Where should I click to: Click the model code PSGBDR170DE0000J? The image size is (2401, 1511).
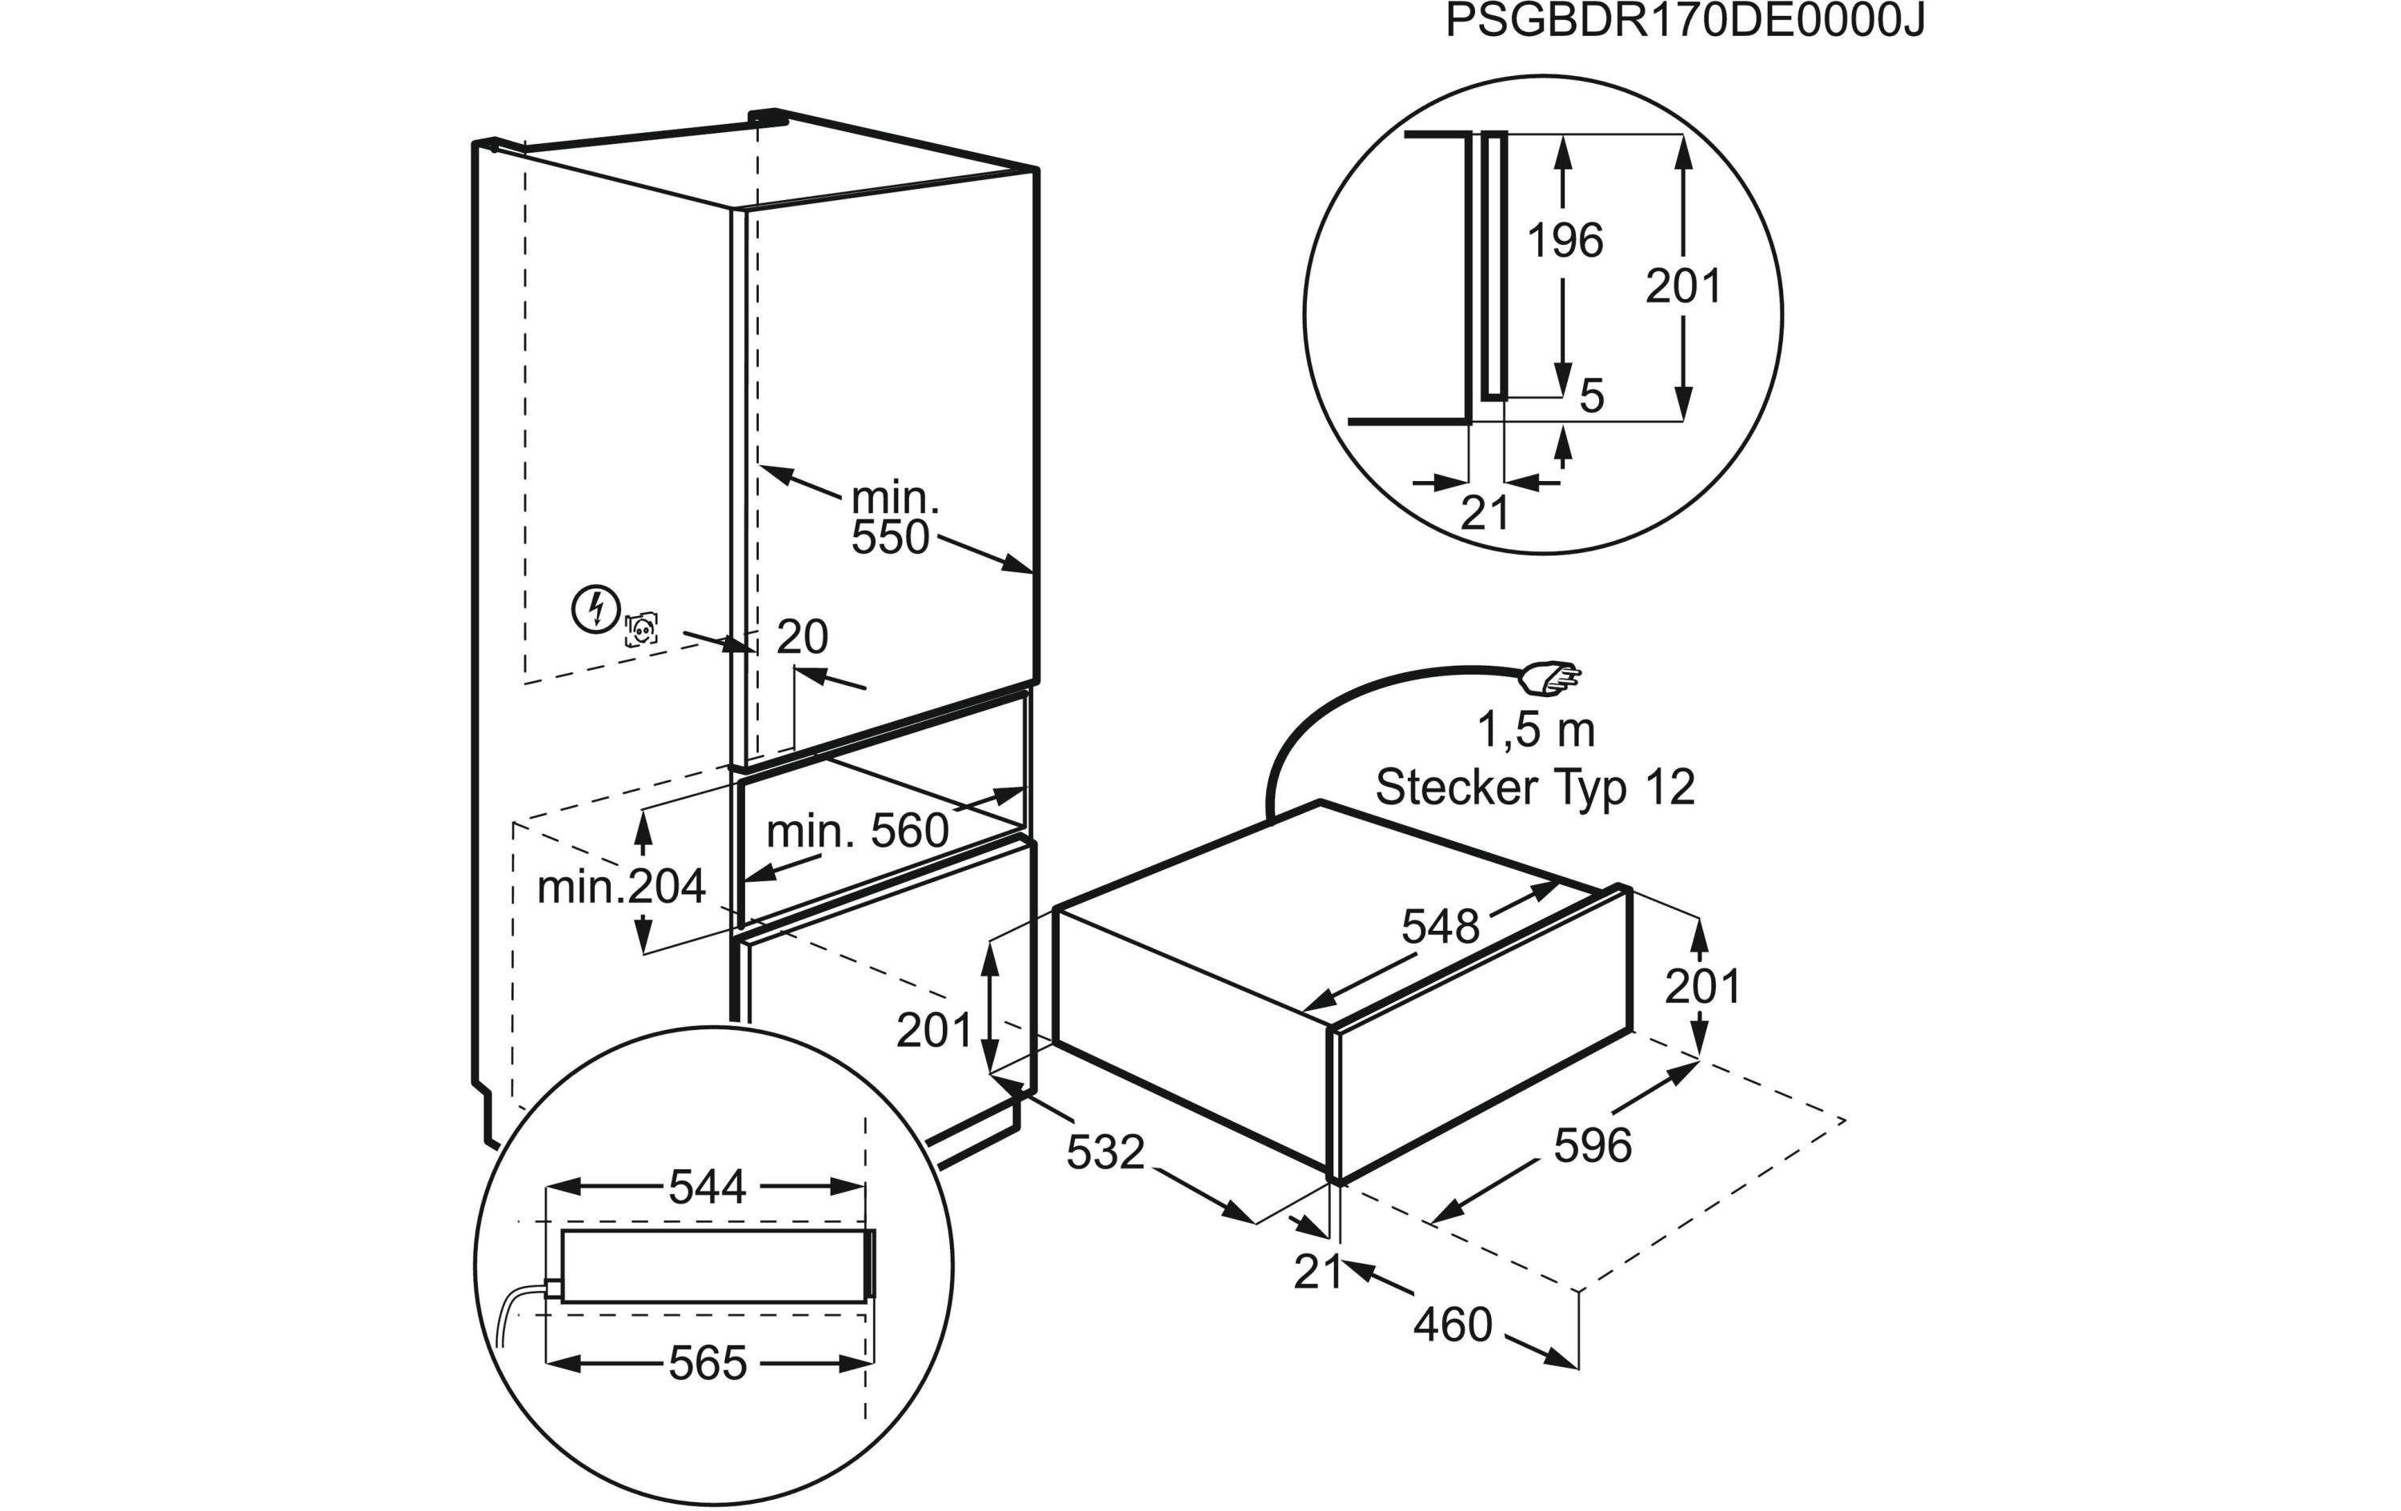[x=1684, y=22]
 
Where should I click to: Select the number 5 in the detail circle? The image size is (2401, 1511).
[x=1593, y=397]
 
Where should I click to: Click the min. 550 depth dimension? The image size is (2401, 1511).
[x=893, y=519]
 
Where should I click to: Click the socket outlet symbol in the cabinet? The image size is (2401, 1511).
[x=640, y=631]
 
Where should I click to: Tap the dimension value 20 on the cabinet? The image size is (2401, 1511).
[x=802, y=637]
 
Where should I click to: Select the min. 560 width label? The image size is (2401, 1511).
[x=857, y=831]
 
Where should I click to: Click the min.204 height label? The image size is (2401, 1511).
[x=620, y=887]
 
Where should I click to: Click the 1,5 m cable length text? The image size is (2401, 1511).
[x=1536, y=731]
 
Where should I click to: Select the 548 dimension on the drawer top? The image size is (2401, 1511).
[x=1440, y=928]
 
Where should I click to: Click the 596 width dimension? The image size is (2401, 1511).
[x=1593, y=1146]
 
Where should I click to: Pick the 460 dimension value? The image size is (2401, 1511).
[x=1453, y=1325]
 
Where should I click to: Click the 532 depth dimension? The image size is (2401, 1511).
[x=1104, y=1153]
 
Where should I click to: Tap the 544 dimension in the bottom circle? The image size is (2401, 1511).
[x=707, y=1187]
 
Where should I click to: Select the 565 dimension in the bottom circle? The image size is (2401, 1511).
[x=707, y=1364]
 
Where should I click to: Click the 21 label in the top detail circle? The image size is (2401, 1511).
[x=1485, y=514]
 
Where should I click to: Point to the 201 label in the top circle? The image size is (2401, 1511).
[x=1683, y=287]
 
